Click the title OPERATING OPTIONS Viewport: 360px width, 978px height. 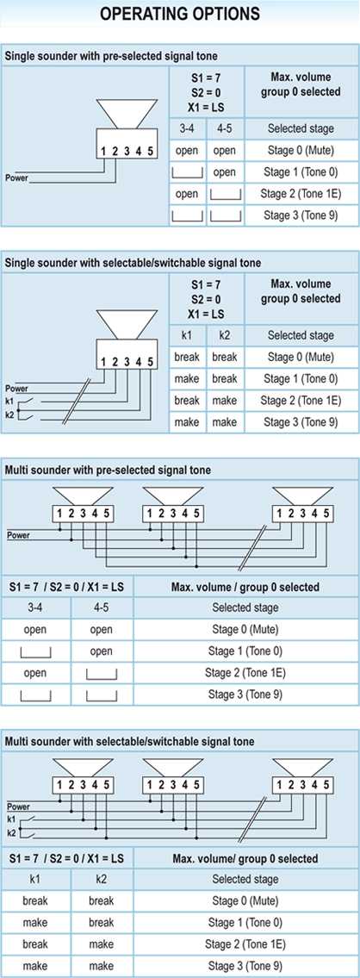click(180, 14)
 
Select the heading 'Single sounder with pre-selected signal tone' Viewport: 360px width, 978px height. click(111, 56)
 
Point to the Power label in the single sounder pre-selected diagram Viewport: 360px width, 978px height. click(16, 178)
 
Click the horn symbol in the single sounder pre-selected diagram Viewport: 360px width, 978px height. click(127, 112)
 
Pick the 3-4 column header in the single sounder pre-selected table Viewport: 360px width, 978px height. click(187, 130)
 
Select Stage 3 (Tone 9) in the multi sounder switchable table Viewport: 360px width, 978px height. click(245, 965)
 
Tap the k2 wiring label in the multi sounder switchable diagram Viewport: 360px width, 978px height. click(10, 832)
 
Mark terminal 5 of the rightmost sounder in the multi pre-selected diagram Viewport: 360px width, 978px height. click(326, 514)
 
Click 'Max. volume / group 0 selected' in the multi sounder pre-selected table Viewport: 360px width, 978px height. click(245, 586)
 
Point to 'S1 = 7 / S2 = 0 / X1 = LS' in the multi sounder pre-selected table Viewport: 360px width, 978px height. click(67, 586)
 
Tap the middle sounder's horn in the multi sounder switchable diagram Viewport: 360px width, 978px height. click(171, 764)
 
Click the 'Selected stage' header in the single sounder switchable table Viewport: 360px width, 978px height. click(301, 335)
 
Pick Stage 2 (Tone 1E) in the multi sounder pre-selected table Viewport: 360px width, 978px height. click(245, 673)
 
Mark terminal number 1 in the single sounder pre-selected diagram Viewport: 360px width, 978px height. click(104, 150)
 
